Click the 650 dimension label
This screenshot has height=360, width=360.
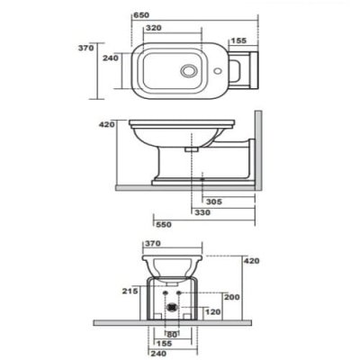[141, 15]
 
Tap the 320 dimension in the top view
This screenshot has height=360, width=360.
[154, 28]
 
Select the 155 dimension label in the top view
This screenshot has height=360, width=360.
[238, 40]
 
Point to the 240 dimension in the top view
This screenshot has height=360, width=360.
[111, 58]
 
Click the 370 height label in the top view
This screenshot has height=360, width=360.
[86, 48]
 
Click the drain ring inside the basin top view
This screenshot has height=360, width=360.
[189, 71]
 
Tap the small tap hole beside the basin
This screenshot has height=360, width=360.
[218, 71]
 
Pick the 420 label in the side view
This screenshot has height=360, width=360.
[107, 124]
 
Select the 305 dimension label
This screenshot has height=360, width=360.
[214, 202]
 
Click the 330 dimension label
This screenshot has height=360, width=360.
[202, 212]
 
